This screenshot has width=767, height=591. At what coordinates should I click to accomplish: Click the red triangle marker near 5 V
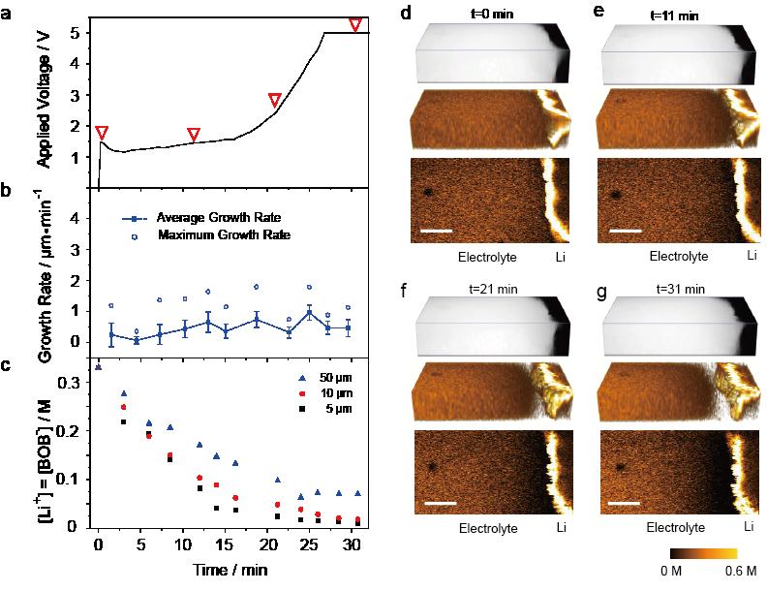click(x=355, y=24)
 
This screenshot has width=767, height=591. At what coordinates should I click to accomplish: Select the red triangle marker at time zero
click(x=102, y=133)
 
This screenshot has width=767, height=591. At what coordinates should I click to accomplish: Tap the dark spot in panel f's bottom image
click(x=433, y=466)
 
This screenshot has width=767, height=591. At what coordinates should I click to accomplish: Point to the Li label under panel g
click(x=748, y=527)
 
